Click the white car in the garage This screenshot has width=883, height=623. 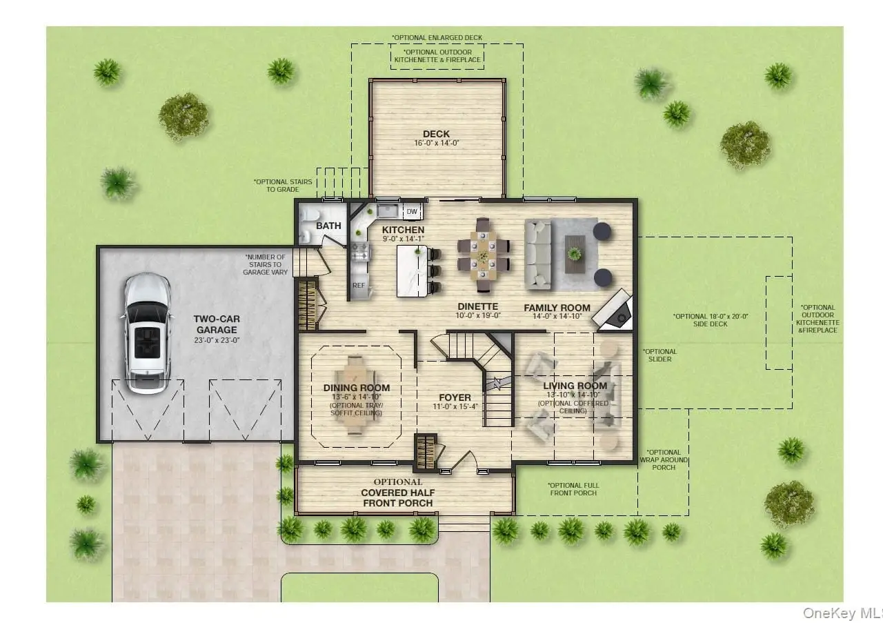point(148,334)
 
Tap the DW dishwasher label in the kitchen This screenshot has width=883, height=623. point(412,212)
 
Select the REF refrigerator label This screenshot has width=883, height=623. point(359,285)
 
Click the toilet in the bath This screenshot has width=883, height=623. point(310,215)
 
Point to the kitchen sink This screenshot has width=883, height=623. point(388,211)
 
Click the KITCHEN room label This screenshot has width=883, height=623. point(403,230)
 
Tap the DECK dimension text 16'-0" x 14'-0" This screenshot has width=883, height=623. point(437,143)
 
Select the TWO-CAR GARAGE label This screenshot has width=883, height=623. point(217,324)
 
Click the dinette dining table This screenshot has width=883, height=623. point(484,255)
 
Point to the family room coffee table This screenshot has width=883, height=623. point(575,255)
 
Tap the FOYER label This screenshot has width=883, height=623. point(455,397)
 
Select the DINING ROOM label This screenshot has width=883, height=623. point(357,388)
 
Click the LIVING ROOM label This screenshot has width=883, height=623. point(575,386)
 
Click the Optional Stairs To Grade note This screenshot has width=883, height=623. point(283,186)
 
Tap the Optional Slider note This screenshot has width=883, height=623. point(659,355)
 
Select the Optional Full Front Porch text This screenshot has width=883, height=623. point(573,489)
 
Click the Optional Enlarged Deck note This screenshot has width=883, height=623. point(437,37)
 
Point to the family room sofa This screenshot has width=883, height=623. point(537,255)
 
